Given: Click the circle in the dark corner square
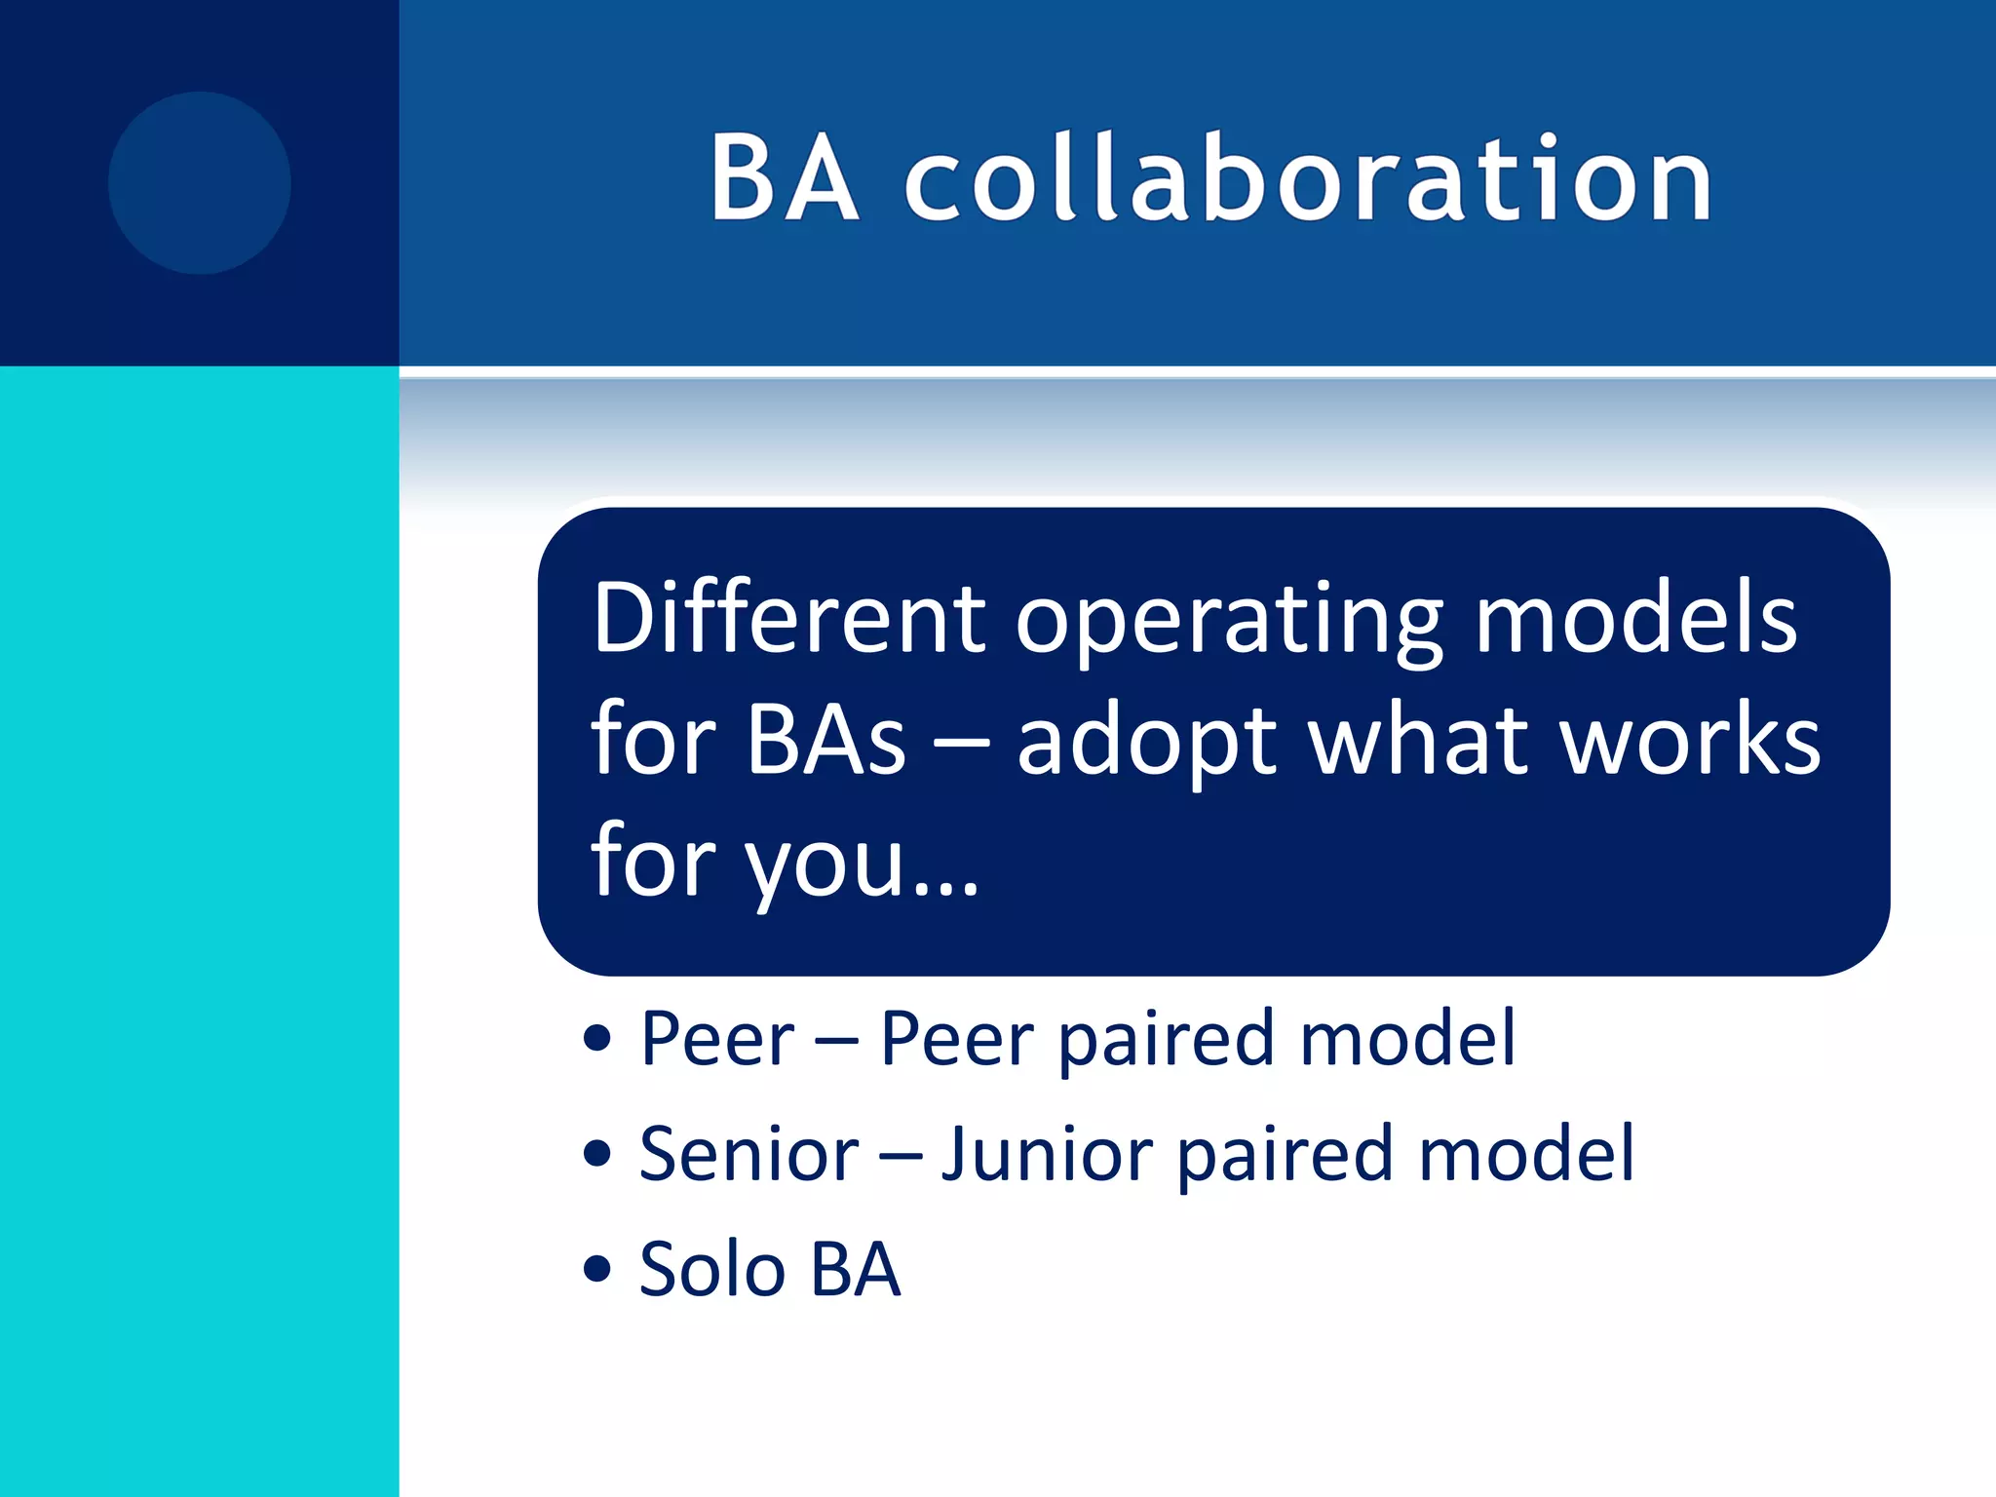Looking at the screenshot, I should (200, 183).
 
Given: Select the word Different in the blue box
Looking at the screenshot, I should (789, 618).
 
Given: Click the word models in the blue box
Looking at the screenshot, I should (1635, 618).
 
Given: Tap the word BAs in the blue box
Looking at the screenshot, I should (826, 741).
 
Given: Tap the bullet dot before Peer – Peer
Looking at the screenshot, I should (596, 1039).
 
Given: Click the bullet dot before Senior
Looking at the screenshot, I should (596, 1154).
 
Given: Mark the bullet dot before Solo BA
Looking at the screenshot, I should (596, 1269).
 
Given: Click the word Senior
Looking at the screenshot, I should (748, 1154).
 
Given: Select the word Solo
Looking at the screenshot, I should (711, 1269).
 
